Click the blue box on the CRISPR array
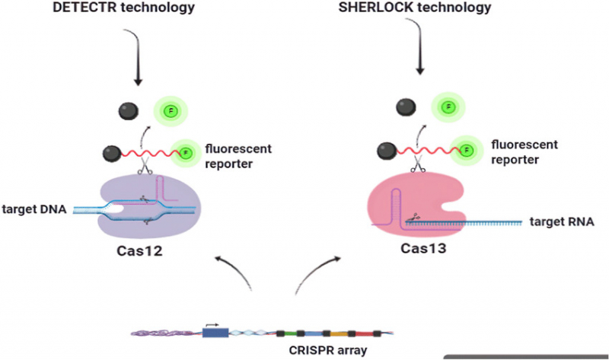(217, 333)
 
